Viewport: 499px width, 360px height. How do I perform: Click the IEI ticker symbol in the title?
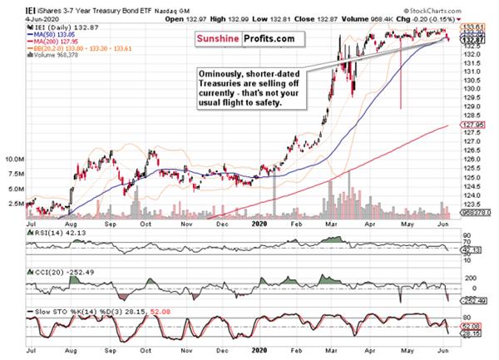(x=9, y=5)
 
